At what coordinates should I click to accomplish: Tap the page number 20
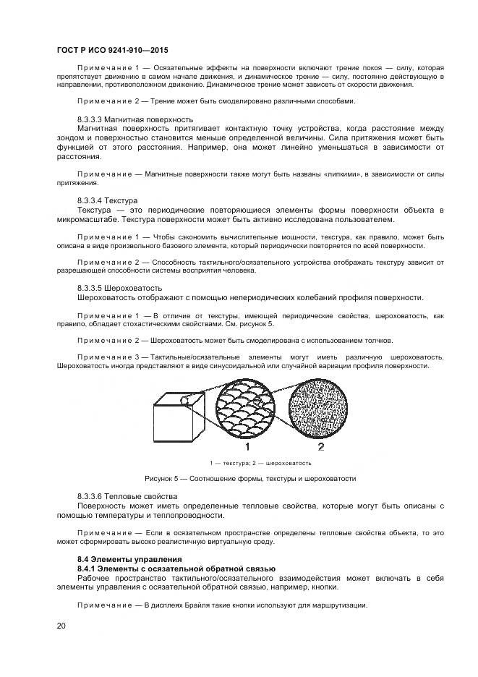click(61, 626)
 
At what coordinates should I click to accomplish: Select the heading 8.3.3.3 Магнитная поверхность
click(135, 119)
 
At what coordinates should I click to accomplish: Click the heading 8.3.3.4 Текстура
click(107, 200)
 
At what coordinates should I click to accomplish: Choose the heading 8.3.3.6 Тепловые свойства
click(127, 496)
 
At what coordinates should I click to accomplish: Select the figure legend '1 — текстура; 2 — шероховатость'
click(260, 462)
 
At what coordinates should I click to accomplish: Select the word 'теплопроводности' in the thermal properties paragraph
click(189, 516)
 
